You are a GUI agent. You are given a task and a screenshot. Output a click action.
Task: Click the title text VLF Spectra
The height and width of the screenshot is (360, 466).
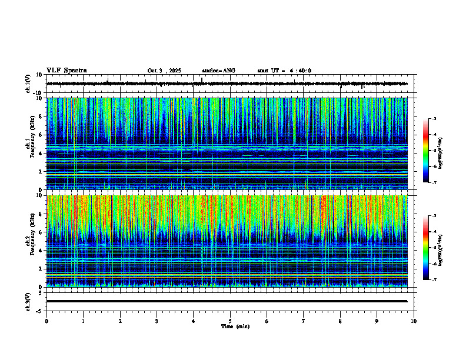coord(66,71)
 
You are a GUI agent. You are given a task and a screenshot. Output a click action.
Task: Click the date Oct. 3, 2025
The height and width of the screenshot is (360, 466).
coord(164,71)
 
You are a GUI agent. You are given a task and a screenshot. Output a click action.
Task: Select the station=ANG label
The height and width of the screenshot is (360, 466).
coord(218,71)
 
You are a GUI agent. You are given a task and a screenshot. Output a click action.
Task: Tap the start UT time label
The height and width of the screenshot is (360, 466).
coord(284,71)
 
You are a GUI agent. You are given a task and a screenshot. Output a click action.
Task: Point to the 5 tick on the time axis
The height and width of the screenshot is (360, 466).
coord(230,321)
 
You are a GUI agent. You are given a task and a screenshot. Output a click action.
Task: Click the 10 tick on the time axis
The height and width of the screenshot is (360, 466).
coord(414,321)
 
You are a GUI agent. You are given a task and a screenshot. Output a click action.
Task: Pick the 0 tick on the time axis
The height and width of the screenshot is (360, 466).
coord(46,321)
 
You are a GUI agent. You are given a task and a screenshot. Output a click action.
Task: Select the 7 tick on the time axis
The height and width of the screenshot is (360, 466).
coord(304,321)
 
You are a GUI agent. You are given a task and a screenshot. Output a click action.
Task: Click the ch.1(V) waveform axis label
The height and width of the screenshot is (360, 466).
coord(28,84)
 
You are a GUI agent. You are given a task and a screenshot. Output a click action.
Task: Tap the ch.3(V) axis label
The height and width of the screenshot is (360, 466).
coord(28,301)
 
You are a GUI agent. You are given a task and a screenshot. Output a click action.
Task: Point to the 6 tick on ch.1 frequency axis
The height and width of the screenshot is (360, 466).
coord(42,135)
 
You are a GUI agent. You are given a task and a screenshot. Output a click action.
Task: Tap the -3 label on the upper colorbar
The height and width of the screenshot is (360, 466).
coord(434,119)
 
